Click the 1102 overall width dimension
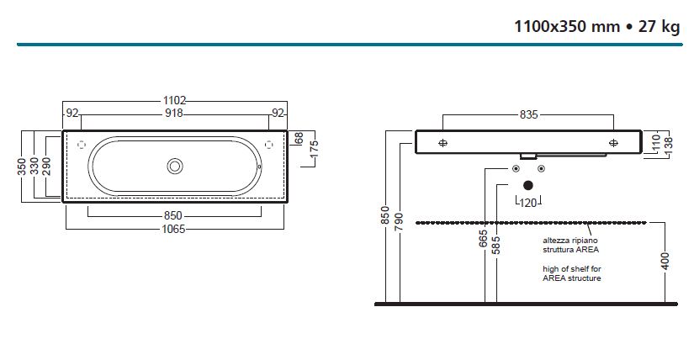click(174, 101)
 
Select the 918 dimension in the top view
click(174, 114)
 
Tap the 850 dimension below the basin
click(173, 215)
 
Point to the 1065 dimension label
click(173, 229)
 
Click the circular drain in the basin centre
click(175, 167)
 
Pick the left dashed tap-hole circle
click(82, 145)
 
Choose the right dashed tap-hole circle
click(268, 145)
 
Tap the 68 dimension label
click(299, 138)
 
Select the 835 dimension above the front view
click(528, 114)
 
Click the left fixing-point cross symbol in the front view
click(442, 143)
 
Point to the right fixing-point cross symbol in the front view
click(613, 143)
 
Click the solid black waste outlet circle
click(528, 185)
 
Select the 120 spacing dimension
click(528, 203)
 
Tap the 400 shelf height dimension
click(665, 262)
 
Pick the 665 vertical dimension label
click(484, 239)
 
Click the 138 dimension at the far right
click(668, 143)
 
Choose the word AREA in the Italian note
click(587, 250)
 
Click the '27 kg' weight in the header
click(659, 27)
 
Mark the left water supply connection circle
click(516, 169)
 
